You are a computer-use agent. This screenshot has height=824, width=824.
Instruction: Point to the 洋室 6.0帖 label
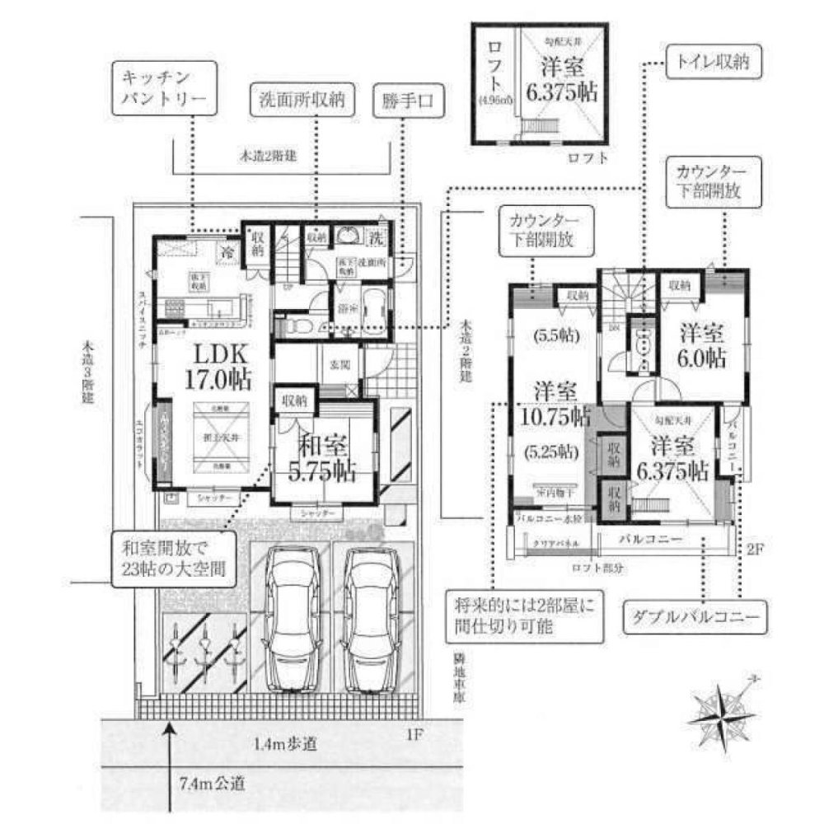click(x=702, y=346)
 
